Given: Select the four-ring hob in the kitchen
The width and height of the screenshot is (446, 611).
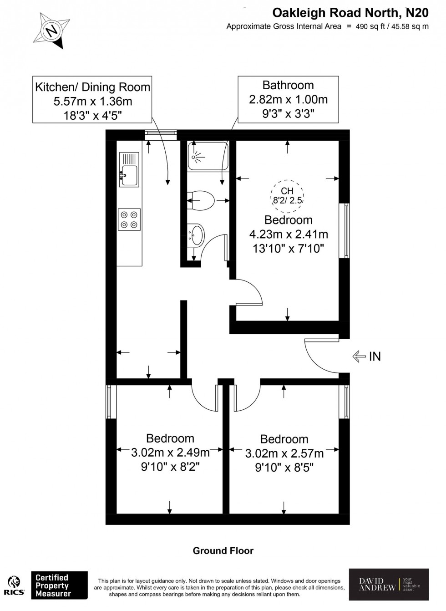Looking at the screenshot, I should click(129, 219).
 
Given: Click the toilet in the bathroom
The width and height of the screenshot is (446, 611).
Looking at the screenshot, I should click(201, 200).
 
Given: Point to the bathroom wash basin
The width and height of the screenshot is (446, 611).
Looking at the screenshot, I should click(196, 235).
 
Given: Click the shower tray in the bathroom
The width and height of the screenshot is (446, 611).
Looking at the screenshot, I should click(207, 157).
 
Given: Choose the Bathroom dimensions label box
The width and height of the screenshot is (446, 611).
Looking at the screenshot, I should click(288, 99).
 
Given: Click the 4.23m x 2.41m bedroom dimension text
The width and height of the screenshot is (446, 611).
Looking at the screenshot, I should click(289, 234).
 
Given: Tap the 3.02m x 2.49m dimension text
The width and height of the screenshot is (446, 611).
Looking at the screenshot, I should click(170, 453).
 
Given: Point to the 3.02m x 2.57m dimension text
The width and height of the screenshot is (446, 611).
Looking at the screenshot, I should click(284, 453).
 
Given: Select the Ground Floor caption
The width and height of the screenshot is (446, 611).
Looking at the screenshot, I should click(223, 550).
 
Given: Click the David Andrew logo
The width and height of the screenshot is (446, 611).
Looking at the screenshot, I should click(389, 585).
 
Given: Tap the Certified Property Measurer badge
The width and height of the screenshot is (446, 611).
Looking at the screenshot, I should click(59, 585).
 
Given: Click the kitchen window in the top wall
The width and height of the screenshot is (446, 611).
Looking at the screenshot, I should click(160, 133).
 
